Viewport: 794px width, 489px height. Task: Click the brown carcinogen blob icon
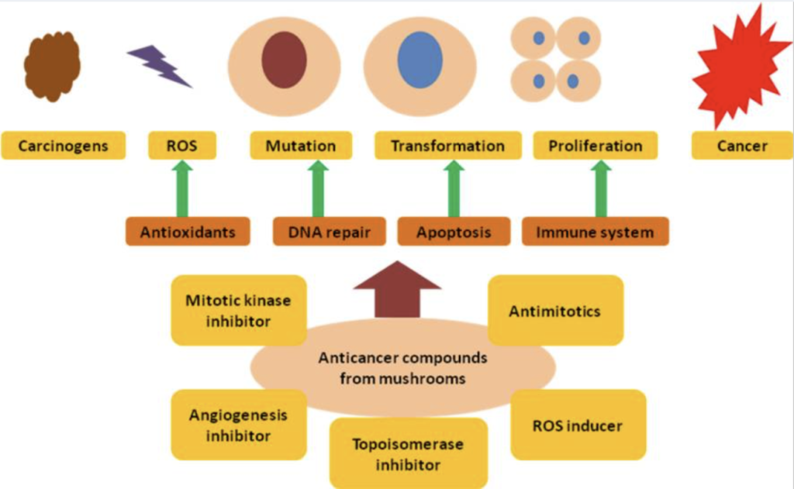pos(52,66)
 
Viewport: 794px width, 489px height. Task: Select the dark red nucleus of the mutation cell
pos(285,60)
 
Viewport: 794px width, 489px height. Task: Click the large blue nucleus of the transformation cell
pos(419,60)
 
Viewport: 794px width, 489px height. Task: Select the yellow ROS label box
pos(182,146)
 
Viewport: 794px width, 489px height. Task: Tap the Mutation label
pos(301,146)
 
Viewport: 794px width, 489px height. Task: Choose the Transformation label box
pos(447,146)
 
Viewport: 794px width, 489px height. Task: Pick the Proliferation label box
pos(595,146)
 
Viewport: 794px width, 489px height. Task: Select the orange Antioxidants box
pos(187,232)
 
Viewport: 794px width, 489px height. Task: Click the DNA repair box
pos(329,232)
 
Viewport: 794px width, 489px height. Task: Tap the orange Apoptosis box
pos(454,232)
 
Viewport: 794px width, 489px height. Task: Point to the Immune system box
pos(595,232)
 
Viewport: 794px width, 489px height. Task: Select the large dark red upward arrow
pos(397,290)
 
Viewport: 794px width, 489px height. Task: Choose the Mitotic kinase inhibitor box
pos(238,310)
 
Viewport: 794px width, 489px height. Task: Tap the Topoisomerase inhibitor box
pos(409,454)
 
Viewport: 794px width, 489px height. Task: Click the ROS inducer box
pos(578,425)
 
